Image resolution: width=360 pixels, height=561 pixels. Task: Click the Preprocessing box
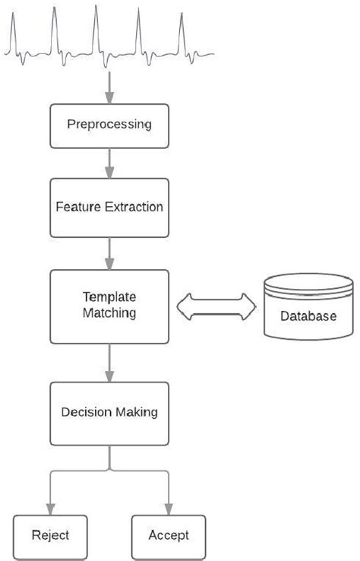[110, 125]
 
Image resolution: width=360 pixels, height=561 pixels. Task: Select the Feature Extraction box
[110, 207]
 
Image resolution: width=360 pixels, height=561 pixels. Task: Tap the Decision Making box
[110, 413]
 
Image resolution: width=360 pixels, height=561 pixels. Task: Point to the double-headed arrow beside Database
[216, 306]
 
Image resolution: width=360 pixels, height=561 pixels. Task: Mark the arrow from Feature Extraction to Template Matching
[110, 252]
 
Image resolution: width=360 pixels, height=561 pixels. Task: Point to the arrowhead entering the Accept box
[169, 508]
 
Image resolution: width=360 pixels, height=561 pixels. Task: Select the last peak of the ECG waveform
[181, 15]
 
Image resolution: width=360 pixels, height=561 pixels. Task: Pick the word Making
[136, 413]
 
